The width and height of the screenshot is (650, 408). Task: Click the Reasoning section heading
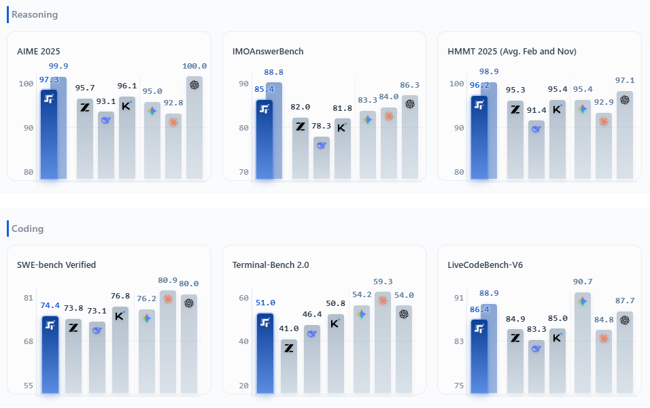pyautogui.click(x=35, y=14)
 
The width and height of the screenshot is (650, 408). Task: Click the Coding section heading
pyautogui.click(x=28, y=228)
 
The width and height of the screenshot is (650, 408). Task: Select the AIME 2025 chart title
pyautogui.click(x=39, y=51)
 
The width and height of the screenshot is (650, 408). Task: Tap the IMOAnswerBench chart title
pyautogui.click(x=268, y=51)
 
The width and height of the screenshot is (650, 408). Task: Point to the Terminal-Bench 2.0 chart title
pyautogui.click(x=271, y=265)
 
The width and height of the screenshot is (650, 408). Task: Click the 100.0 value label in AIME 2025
pyautogui.click(x=194, y=67)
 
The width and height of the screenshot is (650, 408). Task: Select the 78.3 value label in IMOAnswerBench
pyautogui.click(x=322, y=126)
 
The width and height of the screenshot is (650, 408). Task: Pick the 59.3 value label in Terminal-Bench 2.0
pyautogui.click(x=383, y=282)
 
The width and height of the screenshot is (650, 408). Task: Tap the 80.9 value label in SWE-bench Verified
pyautogui.click(x=168, y=279)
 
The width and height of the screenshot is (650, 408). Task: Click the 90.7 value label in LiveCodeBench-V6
pyautogui.click(x=583, y=282)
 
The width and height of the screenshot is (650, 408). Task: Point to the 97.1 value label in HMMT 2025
pyautogui.click(x=625, y=81)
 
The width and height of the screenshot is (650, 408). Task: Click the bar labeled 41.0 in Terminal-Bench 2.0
pyautogui.click(x=289, y=367)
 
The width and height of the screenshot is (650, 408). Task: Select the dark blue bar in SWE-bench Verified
pyautogui.click(x=50, y=354)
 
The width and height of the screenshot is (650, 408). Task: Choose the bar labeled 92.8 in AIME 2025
pyautogui.click(x=173, y=146)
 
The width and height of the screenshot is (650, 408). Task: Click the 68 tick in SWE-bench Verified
pyautogui.click(x=28, y=341)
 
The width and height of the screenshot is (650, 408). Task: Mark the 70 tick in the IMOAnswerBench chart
pyautogui.click(x=243, y=172)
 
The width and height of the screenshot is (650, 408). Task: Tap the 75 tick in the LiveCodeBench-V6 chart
pyautogui.click(x=459, y=386)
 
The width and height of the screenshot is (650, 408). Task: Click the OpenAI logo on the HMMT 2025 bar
pyautogui.click(x=625, y=100)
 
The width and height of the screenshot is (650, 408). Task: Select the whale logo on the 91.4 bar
pyautogui.click(x=536, y=129)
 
